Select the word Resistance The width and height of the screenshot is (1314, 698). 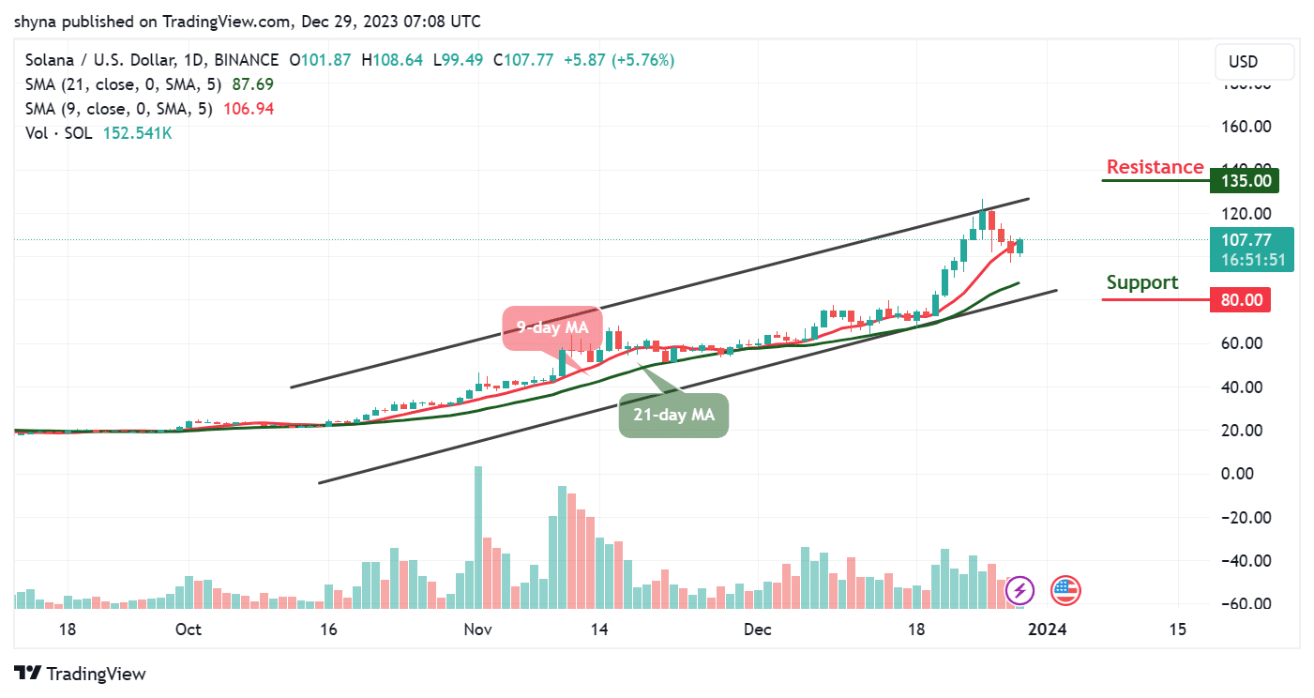tap(1168, 167)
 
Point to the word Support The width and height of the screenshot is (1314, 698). tap(1142, 282)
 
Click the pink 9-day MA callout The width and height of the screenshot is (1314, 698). tap(551, 328)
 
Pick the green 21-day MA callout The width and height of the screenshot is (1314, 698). tap(673, 415)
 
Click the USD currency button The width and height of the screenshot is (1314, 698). tap(1243, 62)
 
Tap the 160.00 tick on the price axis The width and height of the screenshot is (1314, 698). tap(1244, 126)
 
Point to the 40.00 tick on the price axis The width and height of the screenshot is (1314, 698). tap(1244, 387)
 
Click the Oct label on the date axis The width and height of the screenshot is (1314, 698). tap(189, 630)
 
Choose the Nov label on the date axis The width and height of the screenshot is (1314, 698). tap(477, 630)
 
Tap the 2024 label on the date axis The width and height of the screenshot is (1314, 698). tap(1047, 630)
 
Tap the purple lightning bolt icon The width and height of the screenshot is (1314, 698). tap(1019, 591)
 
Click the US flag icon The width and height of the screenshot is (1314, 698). tap(1065, 591)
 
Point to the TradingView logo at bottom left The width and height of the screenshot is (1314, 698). tap(81, 674)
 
